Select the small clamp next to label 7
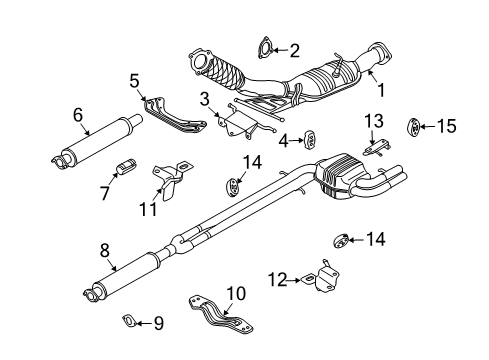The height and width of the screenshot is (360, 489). point(127,164)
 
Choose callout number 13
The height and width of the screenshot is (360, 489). point(373,121)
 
